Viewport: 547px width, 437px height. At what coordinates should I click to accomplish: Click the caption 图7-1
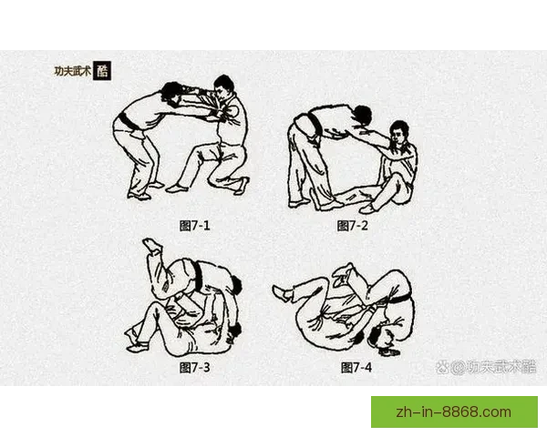click(197, 224)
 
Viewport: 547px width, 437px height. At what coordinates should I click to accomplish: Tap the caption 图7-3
click(196, 367)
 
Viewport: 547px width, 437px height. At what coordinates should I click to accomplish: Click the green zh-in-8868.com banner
click(453, 412)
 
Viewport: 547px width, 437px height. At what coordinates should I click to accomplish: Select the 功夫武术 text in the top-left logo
click(71, 71)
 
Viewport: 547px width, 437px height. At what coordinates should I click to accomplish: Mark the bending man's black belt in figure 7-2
click(308, 127)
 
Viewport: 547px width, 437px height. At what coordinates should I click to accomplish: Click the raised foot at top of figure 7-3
click(150, 245)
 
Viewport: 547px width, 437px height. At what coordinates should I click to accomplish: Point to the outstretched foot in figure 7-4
click(281, 292)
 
